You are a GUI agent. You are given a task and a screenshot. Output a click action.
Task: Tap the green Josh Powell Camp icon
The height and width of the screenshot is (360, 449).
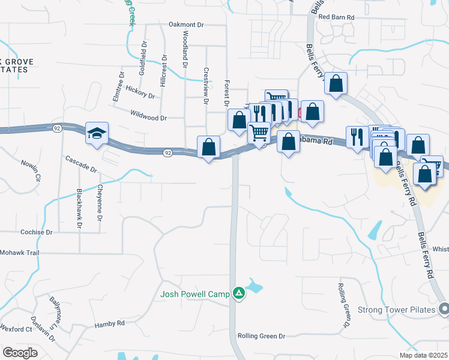point(239,293)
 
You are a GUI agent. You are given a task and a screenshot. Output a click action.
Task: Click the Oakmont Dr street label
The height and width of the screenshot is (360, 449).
point(187,25)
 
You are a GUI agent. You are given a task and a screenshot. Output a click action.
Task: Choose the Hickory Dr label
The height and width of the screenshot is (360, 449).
point(140,94)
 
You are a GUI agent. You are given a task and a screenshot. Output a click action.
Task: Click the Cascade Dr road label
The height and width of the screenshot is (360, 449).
point(81,164)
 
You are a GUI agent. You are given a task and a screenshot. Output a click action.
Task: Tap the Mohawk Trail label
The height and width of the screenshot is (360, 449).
point(20,253)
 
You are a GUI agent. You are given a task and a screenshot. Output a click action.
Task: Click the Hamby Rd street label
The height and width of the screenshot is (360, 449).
point(109,324)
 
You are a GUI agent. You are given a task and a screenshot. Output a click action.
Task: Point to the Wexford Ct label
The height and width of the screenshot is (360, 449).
point(16,329)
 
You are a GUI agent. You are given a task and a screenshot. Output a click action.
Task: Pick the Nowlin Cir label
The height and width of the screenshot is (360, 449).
point(30,170)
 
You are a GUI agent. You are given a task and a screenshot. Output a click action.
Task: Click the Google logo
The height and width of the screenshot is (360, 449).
point(20,352)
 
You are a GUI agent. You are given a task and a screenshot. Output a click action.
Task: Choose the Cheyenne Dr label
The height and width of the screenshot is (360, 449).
point(99,202)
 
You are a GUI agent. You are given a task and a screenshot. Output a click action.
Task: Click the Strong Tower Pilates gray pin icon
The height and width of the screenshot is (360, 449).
point(444,309)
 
